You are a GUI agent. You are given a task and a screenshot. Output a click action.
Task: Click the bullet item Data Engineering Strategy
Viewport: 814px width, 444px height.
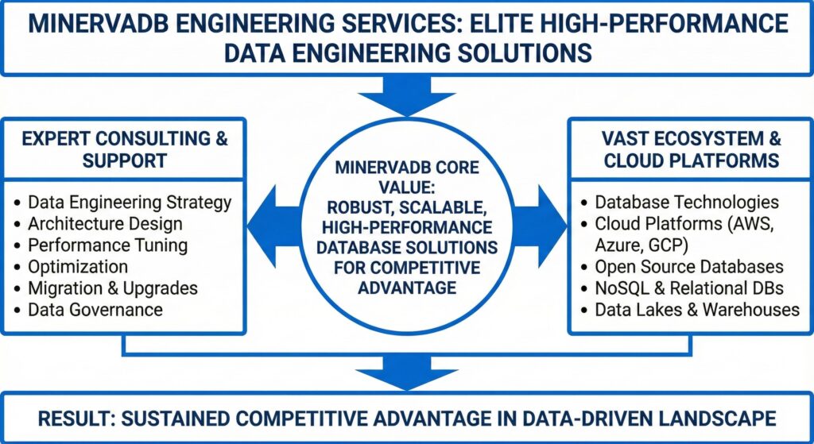pyautogui.click(x=130, y=202)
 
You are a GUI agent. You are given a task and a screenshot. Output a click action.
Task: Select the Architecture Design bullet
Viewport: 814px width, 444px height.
pyautogui.click(x=105, y=224)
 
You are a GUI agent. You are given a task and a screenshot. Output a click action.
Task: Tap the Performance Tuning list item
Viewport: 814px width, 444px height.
pyautogui.click(x=107, y=245)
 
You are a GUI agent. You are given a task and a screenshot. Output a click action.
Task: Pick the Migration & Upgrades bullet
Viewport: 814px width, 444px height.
pyautogui.click(x=112, y=288)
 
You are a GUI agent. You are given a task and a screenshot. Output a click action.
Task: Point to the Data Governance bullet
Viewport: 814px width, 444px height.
pyautogui.click(x=95, y=309)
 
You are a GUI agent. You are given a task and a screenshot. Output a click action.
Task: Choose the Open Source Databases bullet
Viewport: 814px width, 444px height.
pyautogui.click(x=689, y=266)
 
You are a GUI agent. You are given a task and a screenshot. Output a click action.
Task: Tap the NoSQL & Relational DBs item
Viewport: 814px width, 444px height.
pyautogui.click(x=689, y=288)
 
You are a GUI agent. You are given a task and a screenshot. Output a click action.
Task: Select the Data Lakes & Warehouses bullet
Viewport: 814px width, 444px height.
pyautogui.click(x=697, y=309)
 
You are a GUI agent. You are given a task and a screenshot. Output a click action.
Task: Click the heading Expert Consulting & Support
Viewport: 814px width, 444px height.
pyautogui.click(x=125, y=149)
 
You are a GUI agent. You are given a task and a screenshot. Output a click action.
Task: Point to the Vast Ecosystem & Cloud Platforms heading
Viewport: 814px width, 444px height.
pyautogui.click(x=688, y=149)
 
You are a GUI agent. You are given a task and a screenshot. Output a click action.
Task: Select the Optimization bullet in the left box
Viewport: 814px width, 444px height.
pyautogui.click(x=77, y=266)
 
